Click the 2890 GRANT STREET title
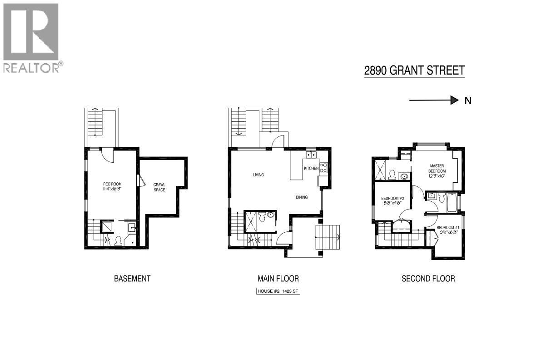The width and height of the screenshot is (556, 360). coord(414,71)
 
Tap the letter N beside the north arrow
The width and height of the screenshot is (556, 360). coord(468,101)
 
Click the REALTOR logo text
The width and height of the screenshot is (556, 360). coord(32,68)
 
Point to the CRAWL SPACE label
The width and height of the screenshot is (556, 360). coord(159,187)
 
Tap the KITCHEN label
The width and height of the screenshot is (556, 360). coord(312,168)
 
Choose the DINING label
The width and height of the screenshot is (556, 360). coord(301,197)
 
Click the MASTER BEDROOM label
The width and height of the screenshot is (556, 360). coord(437,168)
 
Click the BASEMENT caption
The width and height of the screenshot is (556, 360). coord(132,279)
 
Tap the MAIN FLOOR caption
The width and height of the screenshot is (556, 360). coord(278,279)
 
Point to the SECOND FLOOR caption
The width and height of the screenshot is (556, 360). coord(428,279)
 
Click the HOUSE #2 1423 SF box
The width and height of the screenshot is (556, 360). coord(278,291)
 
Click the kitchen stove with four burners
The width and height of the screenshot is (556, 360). coord(323,167)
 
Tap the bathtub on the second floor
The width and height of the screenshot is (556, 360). coord(452,203)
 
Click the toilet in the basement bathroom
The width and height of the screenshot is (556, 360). coord(119,241)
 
